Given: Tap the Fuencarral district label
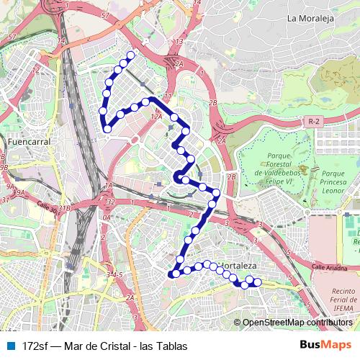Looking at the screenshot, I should tap(27, 143).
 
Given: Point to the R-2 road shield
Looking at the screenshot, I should tap(313, 122).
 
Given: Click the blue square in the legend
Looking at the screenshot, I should tap(10, 346).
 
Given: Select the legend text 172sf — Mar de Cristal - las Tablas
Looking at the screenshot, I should tap(105, 346).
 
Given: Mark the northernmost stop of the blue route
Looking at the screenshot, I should tap(130, 55).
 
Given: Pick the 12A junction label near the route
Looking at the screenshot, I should tap(156, 114).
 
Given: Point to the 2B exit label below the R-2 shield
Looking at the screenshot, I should tap(232, 176).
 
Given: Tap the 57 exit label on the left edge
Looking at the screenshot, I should tap(11, 37).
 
